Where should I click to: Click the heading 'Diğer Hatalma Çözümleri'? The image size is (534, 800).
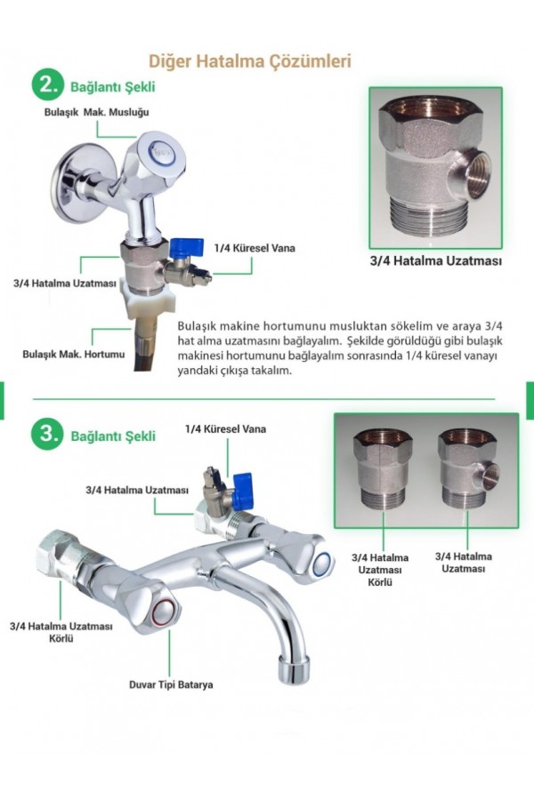point(250,61)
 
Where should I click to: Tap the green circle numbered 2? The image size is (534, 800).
point(48,85)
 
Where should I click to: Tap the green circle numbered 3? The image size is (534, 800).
point(47,435)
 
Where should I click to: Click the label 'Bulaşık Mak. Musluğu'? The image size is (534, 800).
point(97,112)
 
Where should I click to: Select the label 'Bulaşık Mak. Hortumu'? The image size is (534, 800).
point(74,354)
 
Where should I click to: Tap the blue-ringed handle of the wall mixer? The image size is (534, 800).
point(311,557)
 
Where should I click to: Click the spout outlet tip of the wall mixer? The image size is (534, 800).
point(295,668)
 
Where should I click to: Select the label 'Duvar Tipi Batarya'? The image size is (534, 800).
point(171,684)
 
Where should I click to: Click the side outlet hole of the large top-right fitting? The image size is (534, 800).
point(477,176)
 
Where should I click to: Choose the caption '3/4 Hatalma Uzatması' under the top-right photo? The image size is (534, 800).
point(436,260)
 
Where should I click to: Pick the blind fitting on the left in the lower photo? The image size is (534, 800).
point(384,468)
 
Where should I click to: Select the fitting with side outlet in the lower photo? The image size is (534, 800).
point(469,467)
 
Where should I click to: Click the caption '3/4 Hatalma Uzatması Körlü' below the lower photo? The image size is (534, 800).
point(380,570)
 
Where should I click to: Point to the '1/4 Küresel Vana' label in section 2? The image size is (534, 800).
point(255,249)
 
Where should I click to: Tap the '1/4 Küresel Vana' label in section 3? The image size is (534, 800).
point(225,429)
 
